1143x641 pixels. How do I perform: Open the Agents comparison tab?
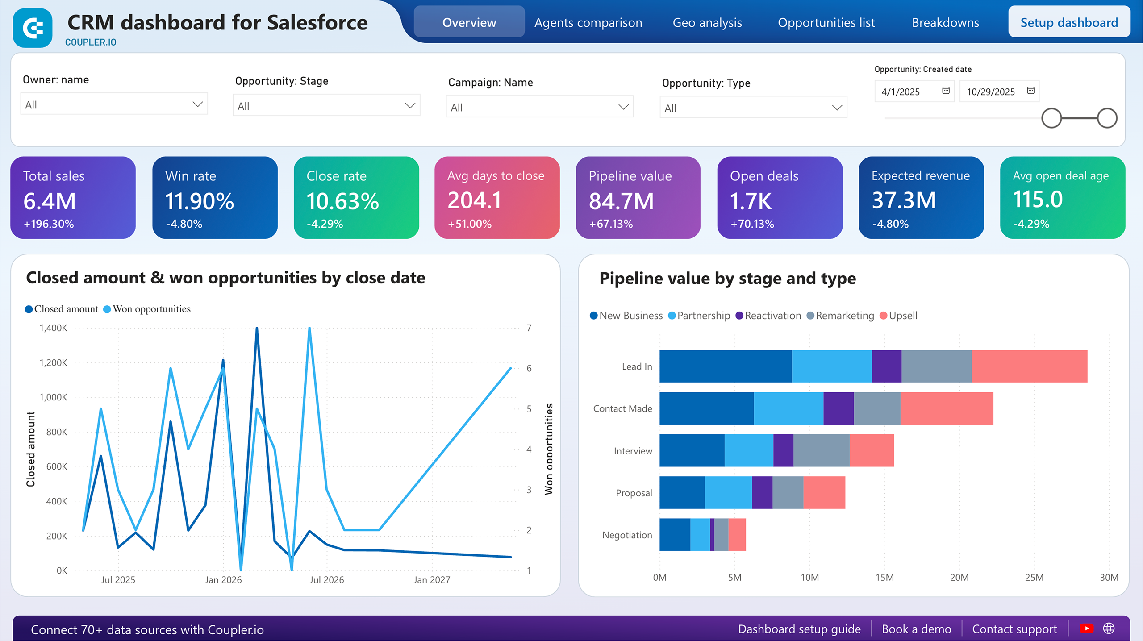(588, 22)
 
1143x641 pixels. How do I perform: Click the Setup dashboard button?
(1069, 22)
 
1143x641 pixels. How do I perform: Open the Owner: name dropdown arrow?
(197, 104)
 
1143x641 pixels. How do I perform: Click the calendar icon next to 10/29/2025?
(1030, 91)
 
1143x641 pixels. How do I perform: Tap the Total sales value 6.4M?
(50, 201)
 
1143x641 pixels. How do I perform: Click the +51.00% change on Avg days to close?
(469, 224)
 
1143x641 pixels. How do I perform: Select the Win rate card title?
(191, 176)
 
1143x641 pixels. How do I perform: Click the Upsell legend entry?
(902, 316)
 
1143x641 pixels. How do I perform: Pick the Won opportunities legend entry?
(151, 309)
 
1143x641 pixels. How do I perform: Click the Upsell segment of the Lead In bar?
(1029, 366)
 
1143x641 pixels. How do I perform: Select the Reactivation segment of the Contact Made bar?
(838, 408)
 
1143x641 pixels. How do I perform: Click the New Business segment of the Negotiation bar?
(675, 535)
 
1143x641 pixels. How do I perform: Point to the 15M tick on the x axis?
(884, 578)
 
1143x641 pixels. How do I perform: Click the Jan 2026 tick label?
(223, 580)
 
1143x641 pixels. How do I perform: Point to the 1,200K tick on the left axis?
(54, 362)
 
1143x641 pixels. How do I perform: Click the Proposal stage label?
(634, 493)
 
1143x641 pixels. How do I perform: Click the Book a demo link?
(916, 629)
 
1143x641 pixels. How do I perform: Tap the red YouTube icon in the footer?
(1086, 629)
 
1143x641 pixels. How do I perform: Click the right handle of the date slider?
(1107, 118)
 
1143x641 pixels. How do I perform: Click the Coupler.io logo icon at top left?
(33, 28)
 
